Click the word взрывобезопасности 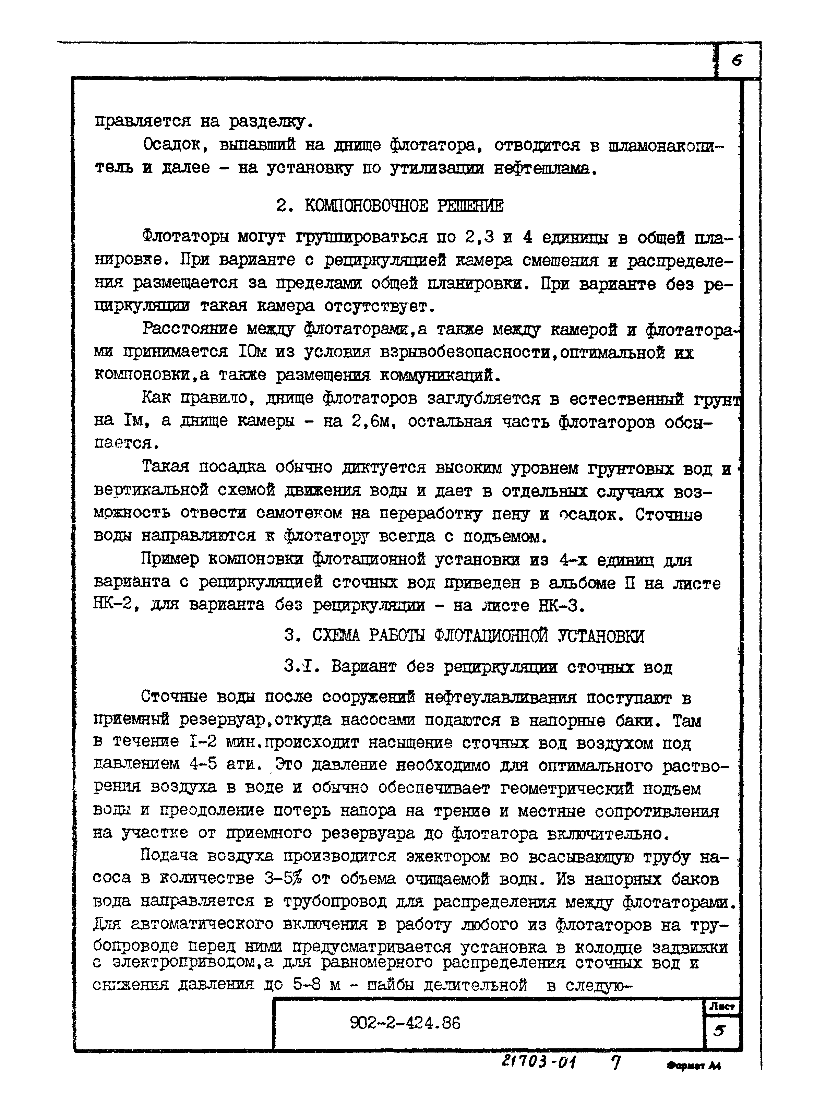(465, 353)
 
